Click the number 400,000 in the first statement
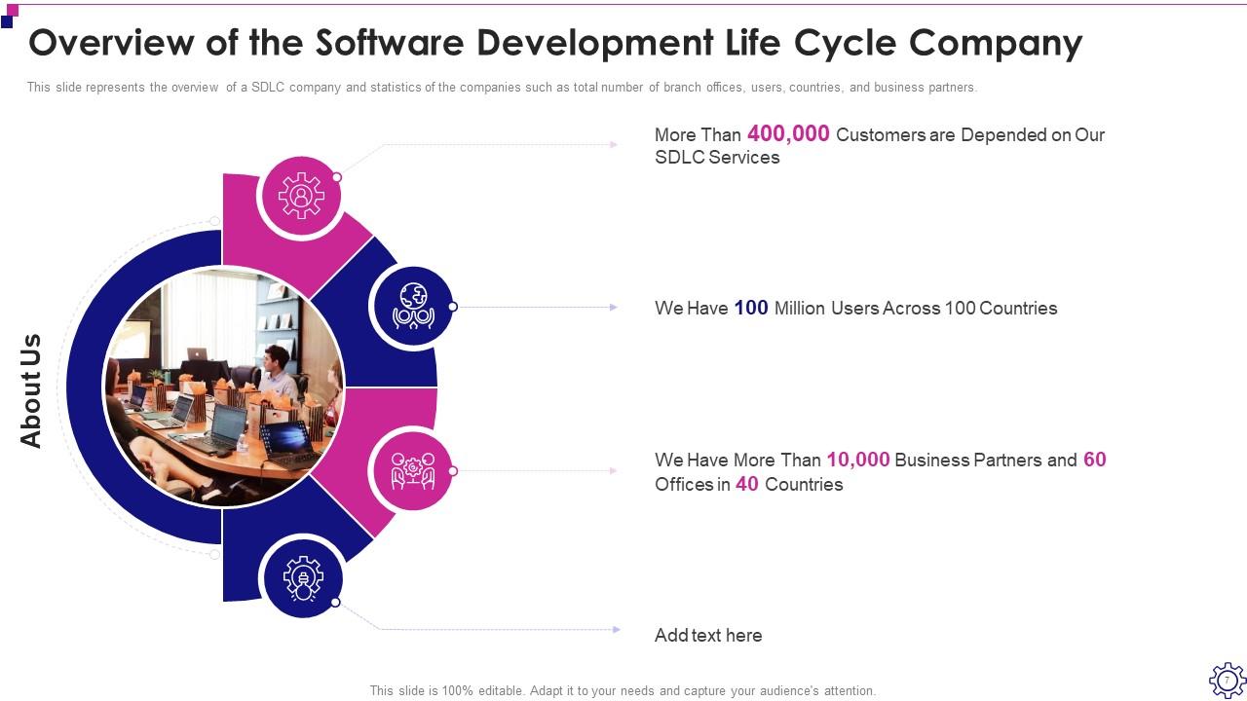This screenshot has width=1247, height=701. [788, 134]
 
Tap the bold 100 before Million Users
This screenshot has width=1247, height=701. [751, 308]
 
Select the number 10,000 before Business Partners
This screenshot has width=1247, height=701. [858, 460]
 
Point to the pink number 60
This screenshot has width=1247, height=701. [1095, 460]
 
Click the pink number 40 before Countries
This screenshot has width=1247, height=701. [747, 484]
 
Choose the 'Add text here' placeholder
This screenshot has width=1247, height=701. [708, 636]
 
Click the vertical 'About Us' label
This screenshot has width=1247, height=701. [31, 390]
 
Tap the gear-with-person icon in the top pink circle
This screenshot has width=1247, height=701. [301, 196]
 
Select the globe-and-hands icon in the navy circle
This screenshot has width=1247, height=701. [413, 307]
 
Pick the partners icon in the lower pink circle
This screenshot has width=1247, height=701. [413, 470]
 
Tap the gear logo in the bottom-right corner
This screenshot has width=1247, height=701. [1227, 680]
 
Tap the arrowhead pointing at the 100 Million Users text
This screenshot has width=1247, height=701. [614, 308]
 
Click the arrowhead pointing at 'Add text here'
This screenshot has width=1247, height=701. [616, 630]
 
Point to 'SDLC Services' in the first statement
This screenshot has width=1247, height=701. [717, 158]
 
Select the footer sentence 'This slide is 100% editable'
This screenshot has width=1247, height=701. [623, 691]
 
